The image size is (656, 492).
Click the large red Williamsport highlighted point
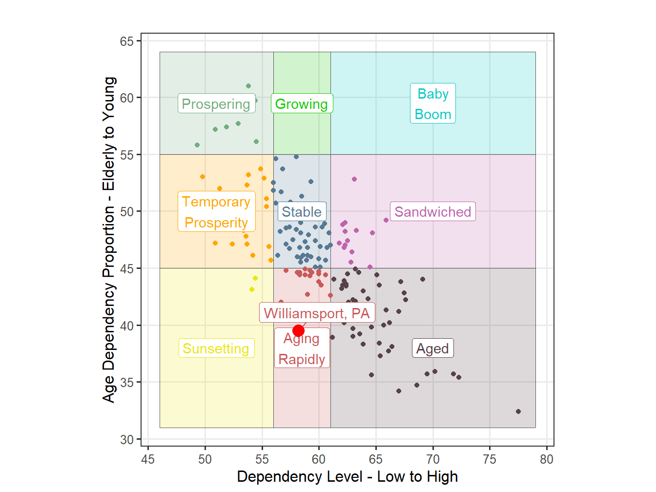point(298,331)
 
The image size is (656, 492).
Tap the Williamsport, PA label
point(317,313)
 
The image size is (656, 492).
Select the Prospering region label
point(216,104)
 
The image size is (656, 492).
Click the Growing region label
point(302,104)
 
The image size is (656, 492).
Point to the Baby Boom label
point(433,103)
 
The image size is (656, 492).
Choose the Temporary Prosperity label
point(216,212)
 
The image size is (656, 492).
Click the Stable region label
point(302,212)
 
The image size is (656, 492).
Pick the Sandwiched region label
point(432,212)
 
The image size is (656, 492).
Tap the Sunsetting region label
point(216,348)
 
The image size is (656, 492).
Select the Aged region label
point(432,348)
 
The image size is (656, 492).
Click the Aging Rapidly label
point(302,349)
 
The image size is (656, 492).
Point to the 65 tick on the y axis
point(127,41)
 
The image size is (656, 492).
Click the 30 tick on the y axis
point(127,440)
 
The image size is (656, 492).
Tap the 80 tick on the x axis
point(547,459)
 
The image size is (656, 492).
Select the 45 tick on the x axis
point(148,459)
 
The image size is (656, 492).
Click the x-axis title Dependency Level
point(347,477)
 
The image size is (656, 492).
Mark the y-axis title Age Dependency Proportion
point(109,239)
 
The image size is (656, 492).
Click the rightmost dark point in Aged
point(518,411)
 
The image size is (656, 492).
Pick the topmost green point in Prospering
point(248,86)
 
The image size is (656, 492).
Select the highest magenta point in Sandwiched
point(354,179)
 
